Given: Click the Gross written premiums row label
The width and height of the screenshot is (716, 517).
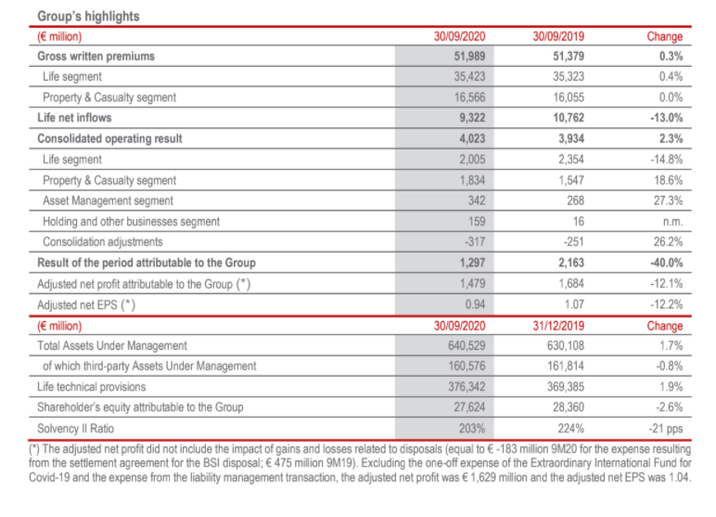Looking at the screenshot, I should [x=96, y=57].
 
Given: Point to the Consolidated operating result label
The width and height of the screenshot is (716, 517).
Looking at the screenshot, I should [x=109, y=138].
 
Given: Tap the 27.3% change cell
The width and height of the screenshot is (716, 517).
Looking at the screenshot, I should [x=667, y=200].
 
